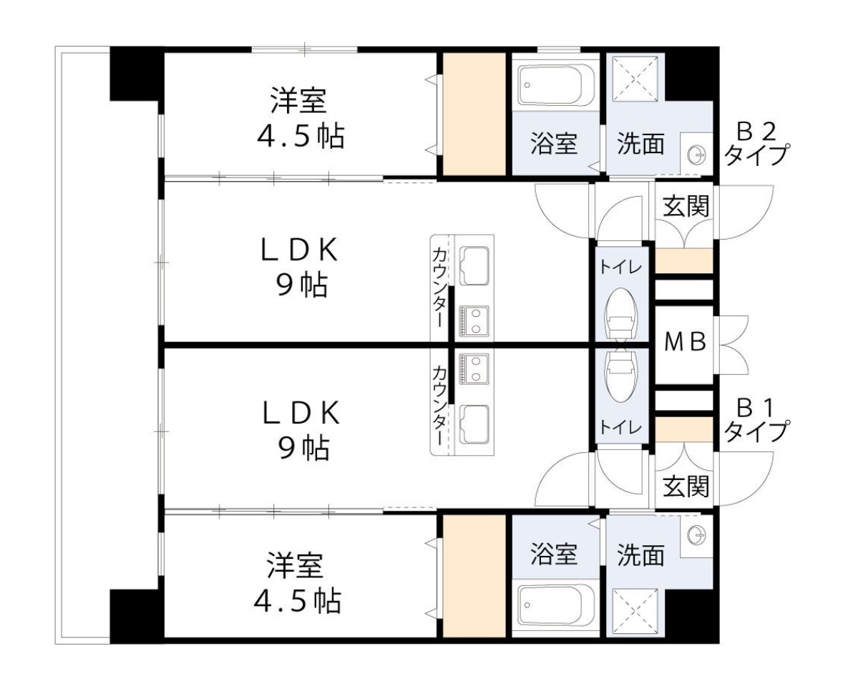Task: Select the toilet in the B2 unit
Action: [620, 313]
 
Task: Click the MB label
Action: [685, 342]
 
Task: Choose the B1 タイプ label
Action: [756, 422]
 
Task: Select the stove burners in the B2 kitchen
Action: [473, 319]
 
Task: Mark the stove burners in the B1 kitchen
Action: [473, 368]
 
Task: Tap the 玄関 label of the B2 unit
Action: [685, 207]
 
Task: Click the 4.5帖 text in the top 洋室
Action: [300, 136]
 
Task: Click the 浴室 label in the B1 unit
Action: [554, 554]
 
